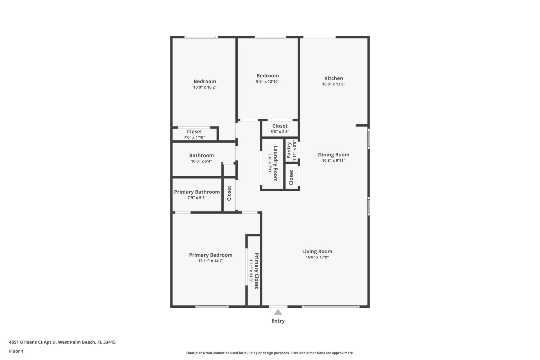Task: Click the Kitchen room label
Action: (x=334, y=78)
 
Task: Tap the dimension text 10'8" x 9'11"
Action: (x=334, y=161)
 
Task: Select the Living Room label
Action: (x=317, y=251)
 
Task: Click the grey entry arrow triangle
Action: (x=278, y=312)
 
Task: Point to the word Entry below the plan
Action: (x=278, y=321)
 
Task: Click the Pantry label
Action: (x=289, y=150)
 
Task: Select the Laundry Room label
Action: (x=275, y=163)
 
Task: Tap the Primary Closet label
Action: (x=256, y=271)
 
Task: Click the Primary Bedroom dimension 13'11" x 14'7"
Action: (x=211, y=261)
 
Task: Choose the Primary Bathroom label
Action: (x=197, y=192)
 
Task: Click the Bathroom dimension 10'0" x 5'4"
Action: (x=201, y=161)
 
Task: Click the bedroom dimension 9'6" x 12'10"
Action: (x=267, y=82)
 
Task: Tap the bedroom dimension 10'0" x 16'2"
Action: (x=205, y=87)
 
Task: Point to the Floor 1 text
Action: (x=16, y=351)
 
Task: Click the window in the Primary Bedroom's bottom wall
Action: (x=212, y=307)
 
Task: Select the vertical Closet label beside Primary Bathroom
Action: (x=229, y=193)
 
